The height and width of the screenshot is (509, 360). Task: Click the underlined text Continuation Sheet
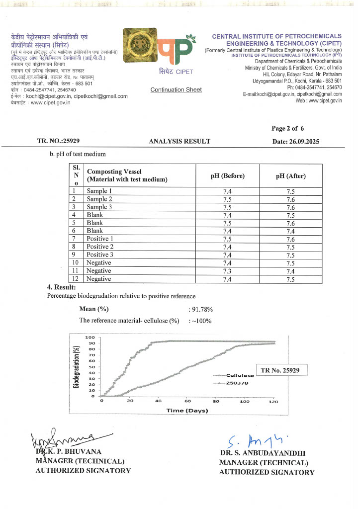[176, 89]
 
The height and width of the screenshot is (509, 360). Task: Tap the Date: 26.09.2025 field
[296, 142]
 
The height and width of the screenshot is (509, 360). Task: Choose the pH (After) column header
[291, 175]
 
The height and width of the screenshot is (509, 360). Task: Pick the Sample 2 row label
[99, 199]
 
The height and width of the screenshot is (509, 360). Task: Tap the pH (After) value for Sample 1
[291, 191]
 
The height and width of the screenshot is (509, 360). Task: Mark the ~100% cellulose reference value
[202, 321]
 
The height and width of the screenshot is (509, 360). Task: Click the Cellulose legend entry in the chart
[239, 375]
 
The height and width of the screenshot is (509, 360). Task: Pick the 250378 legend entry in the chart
[235, 383]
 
